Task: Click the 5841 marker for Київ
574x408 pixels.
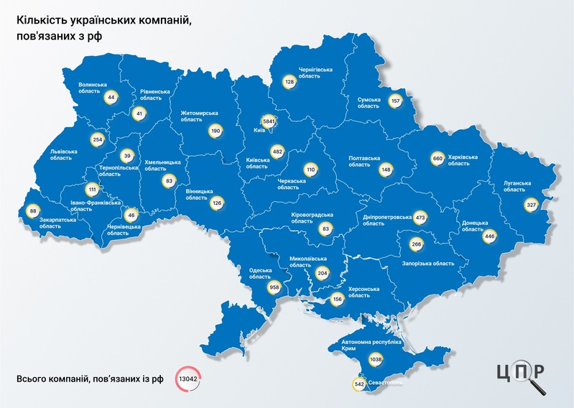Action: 269,121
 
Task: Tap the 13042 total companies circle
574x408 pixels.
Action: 188,379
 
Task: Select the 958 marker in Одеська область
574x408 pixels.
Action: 273,287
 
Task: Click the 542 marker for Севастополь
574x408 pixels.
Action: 359,385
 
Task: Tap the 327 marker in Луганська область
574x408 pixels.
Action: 532,204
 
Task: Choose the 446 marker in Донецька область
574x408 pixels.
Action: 491,236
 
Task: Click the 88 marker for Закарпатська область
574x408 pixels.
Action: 33,211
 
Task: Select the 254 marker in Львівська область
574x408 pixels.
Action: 98,139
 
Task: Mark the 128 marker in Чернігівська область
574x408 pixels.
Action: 290,83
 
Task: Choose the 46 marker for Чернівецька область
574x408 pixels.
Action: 131,214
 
